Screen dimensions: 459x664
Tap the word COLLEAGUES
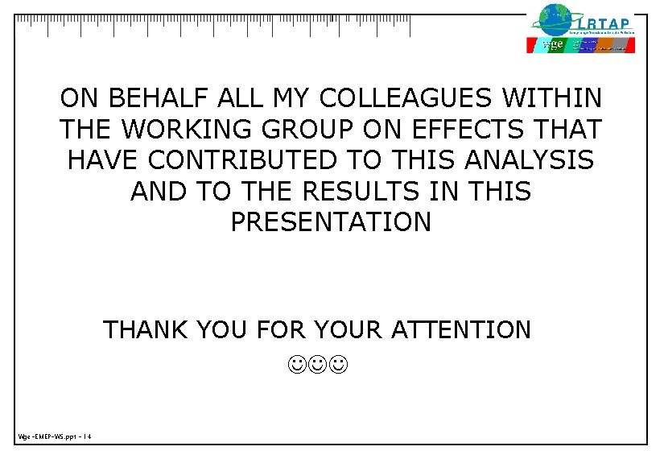pyautogui.click(x=406, y=99)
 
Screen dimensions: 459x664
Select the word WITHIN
pyautogui.click(x=551, y=99)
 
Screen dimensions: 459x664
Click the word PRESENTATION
pyautogui.click(x=331, y=222)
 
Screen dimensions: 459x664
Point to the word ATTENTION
pyautogui.click(x=460, y=329)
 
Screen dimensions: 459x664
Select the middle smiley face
pyautogui.click(x=317, y=367)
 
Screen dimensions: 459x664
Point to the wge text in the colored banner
pyautogui.click(x=553, y=44)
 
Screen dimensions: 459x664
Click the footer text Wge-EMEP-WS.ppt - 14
pyautogui.click(x=55, y=436)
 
